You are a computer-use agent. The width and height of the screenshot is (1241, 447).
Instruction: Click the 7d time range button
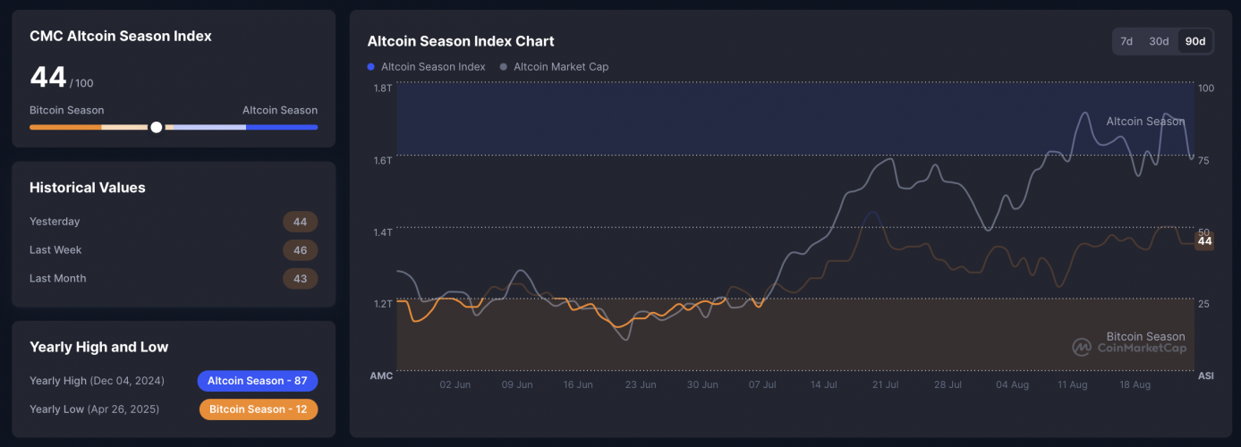1126,41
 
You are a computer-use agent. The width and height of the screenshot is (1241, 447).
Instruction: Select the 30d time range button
1159,41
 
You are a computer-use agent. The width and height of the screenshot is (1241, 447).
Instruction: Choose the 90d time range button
1194,41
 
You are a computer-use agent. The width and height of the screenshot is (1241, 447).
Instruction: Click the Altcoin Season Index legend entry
427,67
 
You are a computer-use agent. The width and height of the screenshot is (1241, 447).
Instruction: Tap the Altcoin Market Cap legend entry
555,67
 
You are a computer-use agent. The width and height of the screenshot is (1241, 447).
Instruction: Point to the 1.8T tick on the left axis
382,89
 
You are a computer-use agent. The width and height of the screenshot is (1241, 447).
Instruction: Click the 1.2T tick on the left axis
382,304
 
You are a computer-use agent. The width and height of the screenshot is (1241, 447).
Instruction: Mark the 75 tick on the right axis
1204,160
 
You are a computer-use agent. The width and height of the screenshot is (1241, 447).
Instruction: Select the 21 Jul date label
885,385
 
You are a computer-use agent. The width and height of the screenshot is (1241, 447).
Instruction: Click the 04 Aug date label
1013,385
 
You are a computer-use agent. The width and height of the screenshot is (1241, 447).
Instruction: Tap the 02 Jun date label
455,385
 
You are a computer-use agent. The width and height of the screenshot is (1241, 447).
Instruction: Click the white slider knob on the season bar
157,127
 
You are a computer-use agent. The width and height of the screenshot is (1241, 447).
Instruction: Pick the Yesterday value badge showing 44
300,222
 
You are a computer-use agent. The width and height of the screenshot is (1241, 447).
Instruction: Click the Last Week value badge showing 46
300,250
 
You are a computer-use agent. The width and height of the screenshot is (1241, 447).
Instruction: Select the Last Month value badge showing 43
300,279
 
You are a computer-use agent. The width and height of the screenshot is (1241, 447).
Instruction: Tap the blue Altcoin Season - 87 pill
258,381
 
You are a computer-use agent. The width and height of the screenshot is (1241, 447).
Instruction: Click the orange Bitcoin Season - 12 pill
258,409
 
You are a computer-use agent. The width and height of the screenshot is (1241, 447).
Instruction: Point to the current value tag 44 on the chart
1204,240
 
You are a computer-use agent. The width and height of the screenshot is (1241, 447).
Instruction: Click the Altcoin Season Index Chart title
461,41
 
